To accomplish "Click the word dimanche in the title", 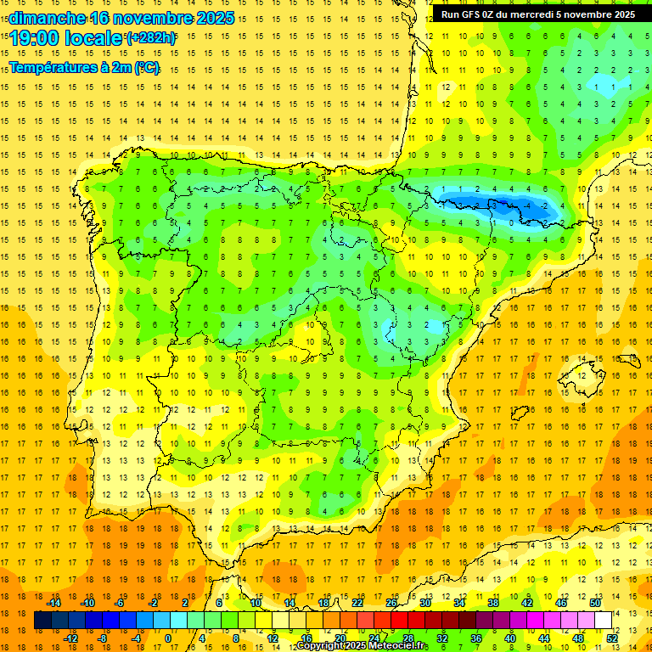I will click(48, 18).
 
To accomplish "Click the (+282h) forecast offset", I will click(152, 38).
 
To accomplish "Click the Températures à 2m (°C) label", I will click(84, 68).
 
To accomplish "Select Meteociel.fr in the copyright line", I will click(397, 646).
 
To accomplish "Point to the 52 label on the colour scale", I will click(612, 638).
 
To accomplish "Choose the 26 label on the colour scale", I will click(391, 603).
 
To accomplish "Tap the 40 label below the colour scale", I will click(510, 638).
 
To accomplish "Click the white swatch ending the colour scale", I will click(604, 621).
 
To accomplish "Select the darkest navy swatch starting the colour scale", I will click(42, 621).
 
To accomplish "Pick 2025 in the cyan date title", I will click(215, 18).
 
